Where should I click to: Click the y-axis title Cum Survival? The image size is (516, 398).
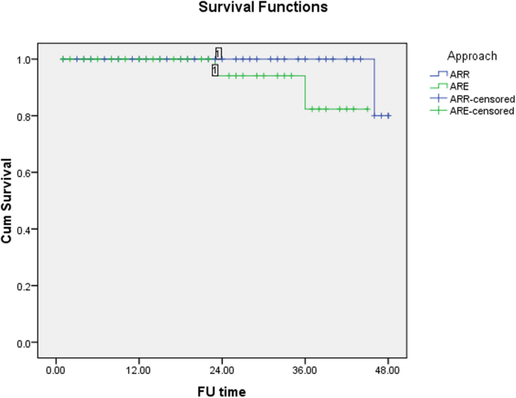pos(14,201)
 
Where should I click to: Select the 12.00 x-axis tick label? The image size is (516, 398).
pos(139,372)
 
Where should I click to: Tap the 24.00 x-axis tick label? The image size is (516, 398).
pos(221,372)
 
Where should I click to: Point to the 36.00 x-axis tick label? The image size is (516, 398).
pos(305,372)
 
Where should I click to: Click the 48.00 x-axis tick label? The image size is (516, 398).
pos(388,372)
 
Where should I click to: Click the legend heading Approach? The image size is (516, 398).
pos(472,56)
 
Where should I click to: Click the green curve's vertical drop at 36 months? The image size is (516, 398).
pos(305,92)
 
